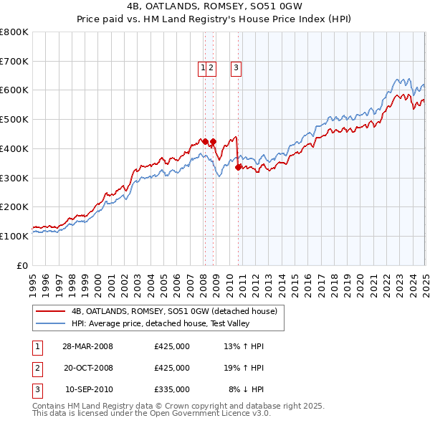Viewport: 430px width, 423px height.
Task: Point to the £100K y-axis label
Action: coord(14,236)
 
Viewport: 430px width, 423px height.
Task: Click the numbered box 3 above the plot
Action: coord(235,68)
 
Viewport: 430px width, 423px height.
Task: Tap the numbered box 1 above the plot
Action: coord(204,68)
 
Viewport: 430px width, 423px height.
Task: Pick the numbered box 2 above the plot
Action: coord(212,68)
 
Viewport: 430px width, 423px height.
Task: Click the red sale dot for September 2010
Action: coord(238,168)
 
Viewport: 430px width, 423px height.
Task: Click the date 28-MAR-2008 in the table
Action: coord(87,346)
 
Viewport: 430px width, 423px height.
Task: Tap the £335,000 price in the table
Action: coord(171,389)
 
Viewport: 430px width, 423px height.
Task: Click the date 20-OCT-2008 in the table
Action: coord(87,368)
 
